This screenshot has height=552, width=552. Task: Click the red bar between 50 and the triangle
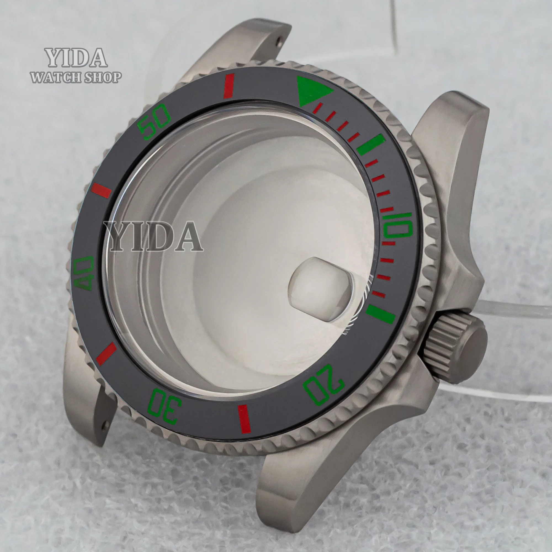tap(229, 86)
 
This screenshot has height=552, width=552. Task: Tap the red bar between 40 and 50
tap(101, 190)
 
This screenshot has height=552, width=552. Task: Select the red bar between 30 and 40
tap(107, 354)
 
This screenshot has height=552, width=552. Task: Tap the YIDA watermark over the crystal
tap(153, 237)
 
